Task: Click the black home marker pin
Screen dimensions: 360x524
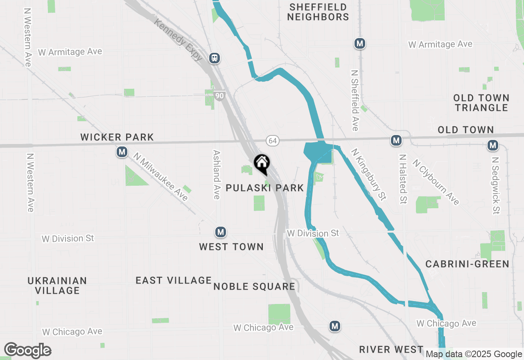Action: tap(262, 164)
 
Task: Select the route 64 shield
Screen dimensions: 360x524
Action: tap(272, 141)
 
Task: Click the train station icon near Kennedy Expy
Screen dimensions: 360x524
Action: tap(214, 58)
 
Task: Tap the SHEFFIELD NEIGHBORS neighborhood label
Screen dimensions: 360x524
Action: tap(318, 12)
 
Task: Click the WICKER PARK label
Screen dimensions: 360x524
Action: tap(117, 137)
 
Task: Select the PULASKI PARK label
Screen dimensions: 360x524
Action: tap(265, 188)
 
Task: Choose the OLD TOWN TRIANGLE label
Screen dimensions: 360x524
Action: tap(481, 103)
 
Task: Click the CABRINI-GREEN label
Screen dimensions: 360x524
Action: tap(467, 264)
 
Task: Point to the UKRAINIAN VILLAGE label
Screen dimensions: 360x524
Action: tap(57, 286)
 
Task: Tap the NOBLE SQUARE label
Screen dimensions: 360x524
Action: tap(254, 286)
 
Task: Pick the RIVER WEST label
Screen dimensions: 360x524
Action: tap(391, 349)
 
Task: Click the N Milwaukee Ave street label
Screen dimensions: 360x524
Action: tap(160, 177)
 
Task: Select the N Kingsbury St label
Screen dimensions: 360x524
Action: tap(368, 174)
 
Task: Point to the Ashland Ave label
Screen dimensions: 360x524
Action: tap(217, 175)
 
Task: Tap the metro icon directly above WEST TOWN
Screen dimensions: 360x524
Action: tap(221, 232)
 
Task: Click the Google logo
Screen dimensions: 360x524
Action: tap(27, 351)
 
